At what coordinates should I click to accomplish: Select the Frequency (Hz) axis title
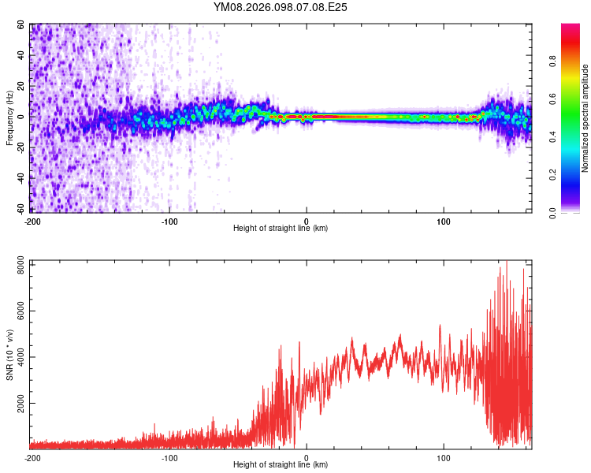(x=9, y=117)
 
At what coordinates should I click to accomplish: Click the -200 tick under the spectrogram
(x=32, y=220)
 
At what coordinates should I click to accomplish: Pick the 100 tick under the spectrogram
(x=444, y=220)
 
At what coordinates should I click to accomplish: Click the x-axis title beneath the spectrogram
(x=281, y=229)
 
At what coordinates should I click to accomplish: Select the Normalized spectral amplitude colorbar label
(x=585, y=118)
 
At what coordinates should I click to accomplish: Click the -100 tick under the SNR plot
(x=169, y=457)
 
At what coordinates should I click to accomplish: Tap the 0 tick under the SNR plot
(x=307, y=457)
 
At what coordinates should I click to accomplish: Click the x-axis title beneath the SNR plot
(x=281, y=465)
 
